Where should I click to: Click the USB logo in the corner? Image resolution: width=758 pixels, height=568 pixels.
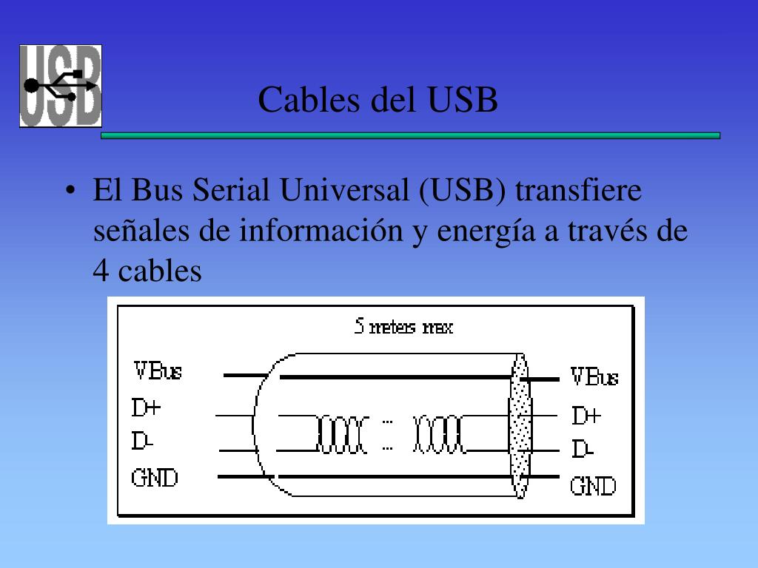pyautogui.click(x=61, y=86)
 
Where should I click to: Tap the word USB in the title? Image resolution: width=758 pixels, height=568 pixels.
pyautogui.click(x=463, y=100)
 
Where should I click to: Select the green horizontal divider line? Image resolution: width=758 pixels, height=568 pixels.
pyautogui.click(x=410, y=136)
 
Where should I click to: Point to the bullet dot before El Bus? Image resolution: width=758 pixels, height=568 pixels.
pyautogui.click(x=70, y=190)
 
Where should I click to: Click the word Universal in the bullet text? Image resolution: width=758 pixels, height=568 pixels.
pyautogui.click(x=345, y=190)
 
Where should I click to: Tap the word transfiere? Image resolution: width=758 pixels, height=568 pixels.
pyautogui.click(x=578, y=190)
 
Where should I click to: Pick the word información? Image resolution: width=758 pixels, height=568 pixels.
pyautogui.click(x=321, y=231)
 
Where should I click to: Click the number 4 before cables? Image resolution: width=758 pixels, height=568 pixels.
pyautogui.click(x=101, y=271)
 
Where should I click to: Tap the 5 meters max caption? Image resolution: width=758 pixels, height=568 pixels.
pyautogui.click(x=403, y=326)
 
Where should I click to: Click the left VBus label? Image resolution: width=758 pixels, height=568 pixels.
pyautogui.click(x=158, y=371)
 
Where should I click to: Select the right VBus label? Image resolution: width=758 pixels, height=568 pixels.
pyautogui.click(x=594, y=376)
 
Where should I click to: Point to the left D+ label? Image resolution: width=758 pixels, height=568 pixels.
pyautogui.click(x=146, y=408)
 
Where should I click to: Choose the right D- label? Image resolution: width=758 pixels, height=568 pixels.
pyautogui.click(x=583, y=449)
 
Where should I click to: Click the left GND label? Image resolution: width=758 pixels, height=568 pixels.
pyautogui.click(x=155, y=478)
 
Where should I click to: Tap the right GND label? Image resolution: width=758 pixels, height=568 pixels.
pyautogui.click(x=593, y=486)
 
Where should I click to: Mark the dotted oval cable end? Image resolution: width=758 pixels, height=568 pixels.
pyautogui.click(x=520, y=425)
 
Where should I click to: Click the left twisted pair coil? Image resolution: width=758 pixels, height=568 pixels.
pyautogui.click(x=342, y=434)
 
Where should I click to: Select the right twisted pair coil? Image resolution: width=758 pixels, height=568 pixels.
pyautogui.click(x=440, y=434)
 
